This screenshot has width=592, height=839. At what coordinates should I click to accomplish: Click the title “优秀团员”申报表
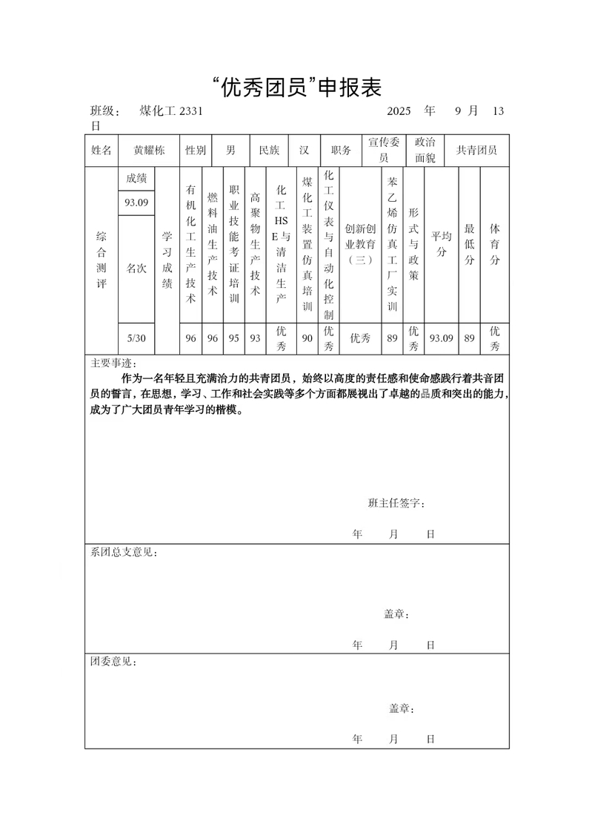coord(296,88)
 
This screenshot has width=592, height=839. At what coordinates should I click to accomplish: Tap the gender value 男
coord(230,150)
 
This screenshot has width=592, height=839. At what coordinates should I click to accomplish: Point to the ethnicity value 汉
coord(304,150)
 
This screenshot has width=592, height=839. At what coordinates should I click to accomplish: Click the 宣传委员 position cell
coord(384,150)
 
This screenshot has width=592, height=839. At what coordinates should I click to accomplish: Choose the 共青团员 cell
coord(476,150)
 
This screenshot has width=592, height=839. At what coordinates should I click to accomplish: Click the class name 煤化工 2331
coord(170,111)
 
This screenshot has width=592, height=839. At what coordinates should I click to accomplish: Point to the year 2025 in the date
coord(399,111)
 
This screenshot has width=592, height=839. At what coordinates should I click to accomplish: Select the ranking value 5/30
coord(136,338)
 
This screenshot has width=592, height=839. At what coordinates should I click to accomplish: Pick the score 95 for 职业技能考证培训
coord(234,338)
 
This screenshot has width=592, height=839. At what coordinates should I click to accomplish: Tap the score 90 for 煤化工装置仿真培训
coord(307,338)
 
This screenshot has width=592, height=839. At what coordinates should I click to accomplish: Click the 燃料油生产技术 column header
coord(213,245)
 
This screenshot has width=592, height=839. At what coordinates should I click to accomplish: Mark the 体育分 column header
coord(494,245)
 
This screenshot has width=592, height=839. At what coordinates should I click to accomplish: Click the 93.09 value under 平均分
coord(442,338)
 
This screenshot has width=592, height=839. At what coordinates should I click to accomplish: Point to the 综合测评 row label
coord(102,260)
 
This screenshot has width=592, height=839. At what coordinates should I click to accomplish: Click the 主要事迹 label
coord(113,364)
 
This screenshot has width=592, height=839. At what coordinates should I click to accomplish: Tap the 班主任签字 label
coord(396,504)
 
